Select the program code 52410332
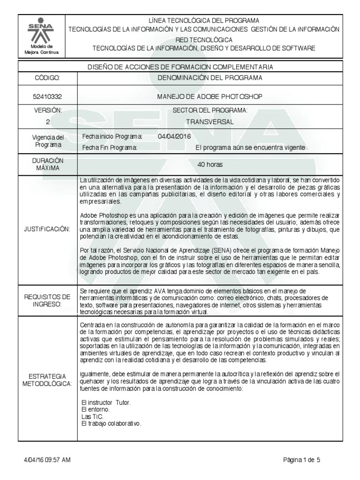47,97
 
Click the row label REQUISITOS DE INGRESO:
47,300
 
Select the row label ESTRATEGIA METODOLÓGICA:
47,380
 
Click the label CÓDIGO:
47,77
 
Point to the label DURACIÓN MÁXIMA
47,164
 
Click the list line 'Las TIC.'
92,416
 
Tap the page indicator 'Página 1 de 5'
301,460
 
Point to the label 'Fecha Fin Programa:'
109,147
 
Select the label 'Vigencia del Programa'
47,141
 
